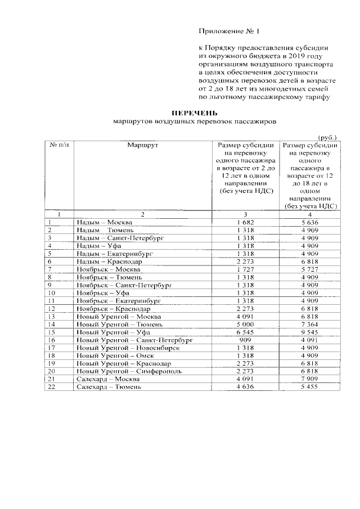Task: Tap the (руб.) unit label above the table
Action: pos(327,137)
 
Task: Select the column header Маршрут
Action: pos(143,145)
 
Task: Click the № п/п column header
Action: pos(60,145)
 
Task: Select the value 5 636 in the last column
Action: pos(310,222)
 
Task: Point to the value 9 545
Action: pos(310,332)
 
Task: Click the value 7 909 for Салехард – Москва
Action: pos(310,380)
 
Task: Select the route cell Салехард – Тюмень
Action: pos(105,388)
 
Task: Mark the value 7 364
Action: pos(310,325)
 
